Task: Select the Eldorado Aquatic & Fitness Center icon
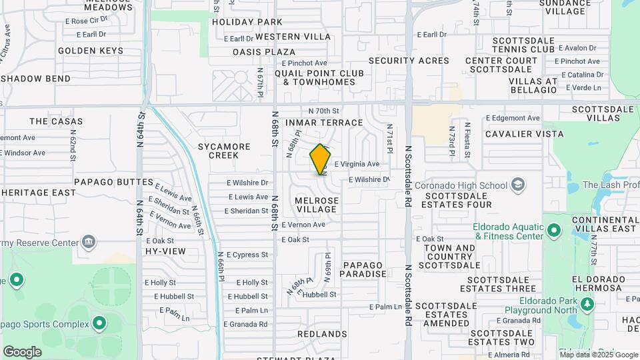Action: point(554,231)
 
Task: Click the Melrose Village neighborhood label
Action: point(317,205)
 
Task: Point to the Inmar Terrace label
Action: point(324,123)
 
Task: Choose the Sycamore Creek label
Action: point(224,151)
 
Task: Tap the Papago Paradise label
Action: point(364,269)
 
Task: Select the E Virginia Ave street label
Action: point(357,163)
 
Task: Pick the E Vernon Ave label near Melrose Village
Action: point(303,225)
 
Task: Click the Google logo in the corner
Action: point(22,351)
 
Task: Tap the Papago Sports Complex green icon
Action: point(99,324)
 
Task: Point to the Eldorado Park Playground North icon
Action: point(587,305)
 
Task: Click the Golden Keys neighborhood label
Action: point(91,51)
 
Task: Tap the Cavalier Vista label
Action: point(515,134)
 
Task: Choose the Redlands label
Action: point(322,333)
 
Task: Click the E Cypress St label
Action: point(247,255)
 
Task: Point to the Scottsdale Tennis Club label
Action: point(523,45)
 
